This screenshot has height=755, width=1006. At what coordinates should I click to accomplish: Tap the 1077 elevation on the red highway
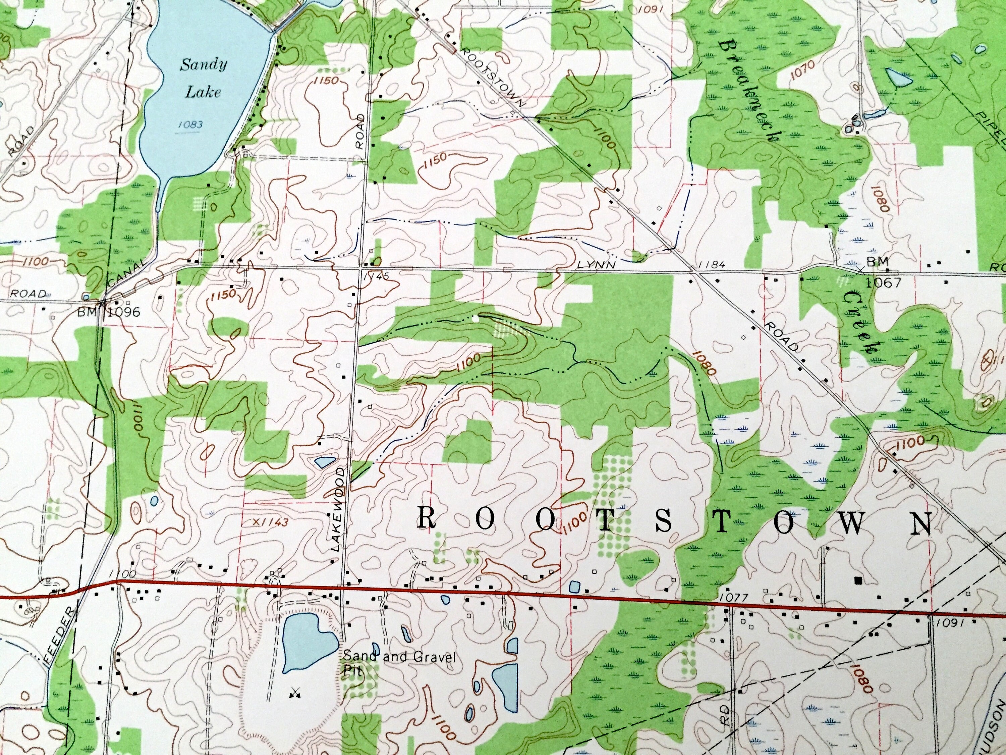click(733, 598)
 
